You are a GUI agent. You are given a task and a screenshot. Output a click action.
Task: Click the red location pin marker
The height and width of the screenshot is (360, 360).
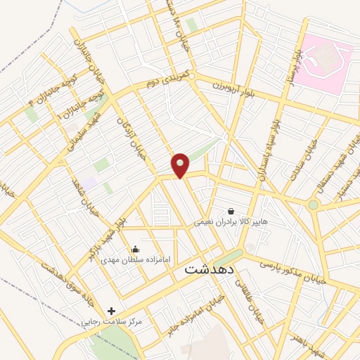point(181,165)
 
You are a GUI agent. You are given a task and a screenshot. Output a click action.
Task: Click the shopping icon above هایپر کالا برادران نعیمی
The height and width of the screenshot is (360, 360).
point(231,210)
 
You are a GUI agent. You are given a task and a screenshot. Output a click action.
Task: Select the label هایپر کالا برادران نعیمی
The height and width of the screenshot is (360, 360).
point(231,221)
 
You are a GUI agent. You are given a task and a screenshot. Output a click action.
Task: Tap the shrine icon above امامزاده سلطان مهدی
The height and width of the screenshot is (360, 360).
point(136,249)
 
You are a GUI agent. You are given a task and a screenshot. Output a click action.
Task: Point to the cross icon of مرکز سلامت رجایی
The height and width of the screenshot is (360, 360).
point(111,310)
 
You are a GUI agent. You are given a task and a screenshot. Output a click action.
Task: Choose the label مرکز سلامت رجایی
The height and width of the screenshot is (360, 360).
point(112,321)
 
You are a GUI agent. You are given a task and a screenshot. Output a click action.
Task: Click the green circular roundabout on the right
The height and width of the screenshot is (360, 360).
point(313,205)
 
